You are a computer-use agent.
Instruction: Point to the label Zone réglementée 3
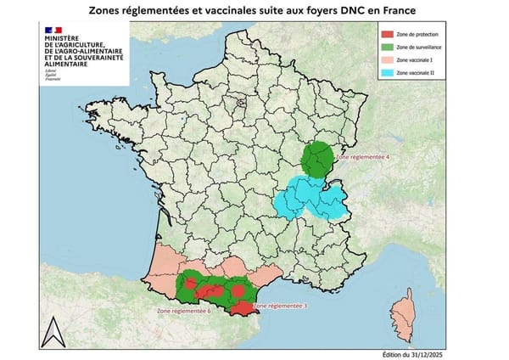(282, 305)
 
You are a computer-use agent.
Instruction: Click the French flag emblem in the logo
(48, 31)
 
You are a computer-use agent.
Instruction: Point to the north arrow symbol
(53, 332)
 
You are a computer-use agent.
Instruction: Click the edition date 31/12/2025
(424, 353)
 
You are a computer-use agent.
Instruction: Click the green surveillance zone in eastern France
(321, 159)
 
